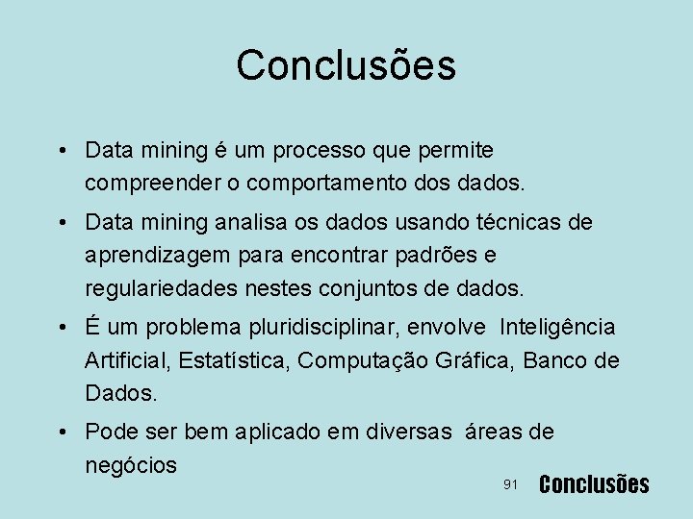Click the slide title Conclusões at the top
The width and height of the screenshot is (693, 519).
click(346, 65)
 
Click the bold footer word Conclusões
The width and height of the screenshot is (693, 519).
click(594, 484)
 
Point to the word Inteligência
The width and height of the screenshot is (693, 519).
click(557, 328)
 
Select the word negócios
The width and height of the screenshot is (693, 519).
click(131, 466)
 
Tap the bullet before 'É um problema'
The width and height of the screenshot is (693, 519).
click(62, 329)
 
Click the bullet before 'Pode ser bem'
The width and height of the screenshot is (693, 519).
click(62, 433)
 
